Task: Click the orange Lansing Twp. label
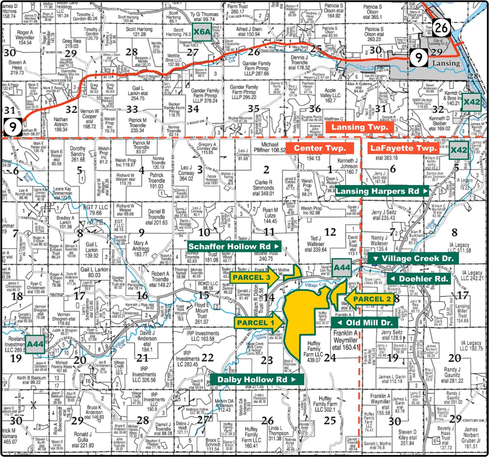click(x=360, y=127)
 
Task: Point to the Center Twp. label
click(x=320, y=148)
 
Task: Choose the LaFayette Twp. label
click(x=403, y=148)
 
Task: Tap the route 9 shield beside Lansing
click(x=419, y=58)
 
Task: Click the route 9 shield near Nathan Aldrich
click(x=13, y=127)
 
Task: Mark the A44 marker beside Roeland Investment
click(x=35, y=344)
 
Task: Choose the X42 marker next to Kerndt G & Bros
click(x=472, y=102)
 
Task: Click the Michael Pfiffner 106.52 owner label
click(x=270, y=147)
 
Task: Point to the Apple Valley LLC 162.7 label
click(x=330, y=95)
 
